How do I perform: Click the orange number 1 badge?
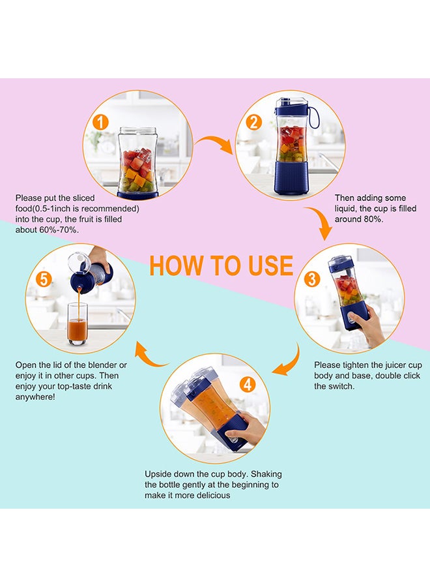[x=100, y=122]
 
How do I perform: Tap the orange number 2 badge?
[x=254, y=122]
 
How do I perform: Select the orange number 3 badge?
[x=312, y=279]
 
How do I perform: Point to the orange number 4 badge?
[x=247, y=385]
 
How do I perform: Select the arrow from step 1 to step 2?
[x=214, y=143]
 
